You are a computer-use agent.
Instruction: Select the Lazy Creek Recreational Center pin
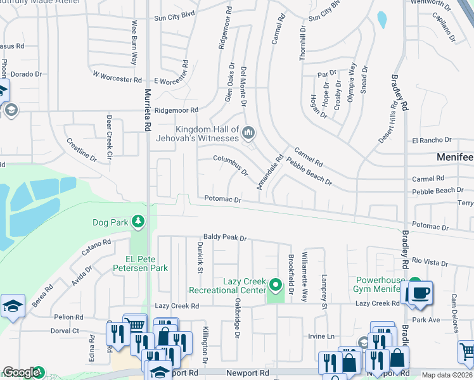(x=275, y=285)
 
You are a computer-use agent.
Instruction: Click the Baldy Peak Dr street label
(x=224, y=237)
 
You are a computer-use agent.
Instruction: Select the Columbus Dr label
(x=231, y=165)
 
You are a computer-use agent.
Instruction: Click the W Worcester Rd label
(x=117, y=77)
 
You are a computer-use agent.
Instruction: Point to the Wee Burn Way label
(x=134, y=42)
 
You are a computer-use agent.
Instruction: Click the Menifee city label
(x=455, y=156)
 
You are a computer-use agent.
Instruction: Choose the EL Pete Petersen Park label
(x=146, y=263)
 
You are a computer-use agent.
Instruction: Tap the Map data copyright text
(x=447, y=375)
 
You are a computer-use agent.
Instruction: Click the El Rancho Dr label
(x=432, y=140)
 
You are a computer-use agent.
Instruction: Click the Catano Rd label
(x=96, y=247)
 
